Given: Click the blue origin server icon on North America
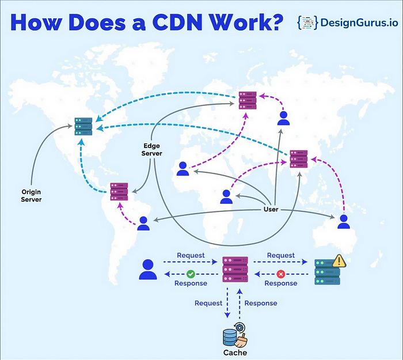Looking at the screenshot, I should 83,126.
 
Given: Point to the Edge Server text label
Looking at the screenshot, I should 152,150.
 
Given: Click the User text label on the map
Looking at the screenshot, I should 271,209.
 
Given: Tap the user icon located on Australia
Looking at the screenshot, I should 344,222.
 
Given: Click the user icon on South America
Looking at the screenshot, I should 143,223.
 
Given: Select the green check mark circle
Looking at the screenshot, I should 190,274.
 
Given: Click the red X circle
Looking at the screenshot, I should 281,274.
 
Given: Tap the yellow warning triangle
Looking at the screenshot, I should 339,261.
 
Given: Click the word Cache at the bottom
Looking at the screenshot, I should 235,352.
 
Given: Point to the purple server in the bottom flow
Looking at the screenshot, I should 235,269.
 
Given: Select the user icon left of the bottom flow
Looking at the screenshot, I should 148,269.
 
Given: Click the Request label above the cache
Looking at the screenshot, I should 208,303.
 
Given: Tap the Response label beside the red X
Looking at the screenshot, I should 281,283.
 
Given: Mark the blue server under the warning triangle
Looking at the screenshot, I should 327,272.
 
